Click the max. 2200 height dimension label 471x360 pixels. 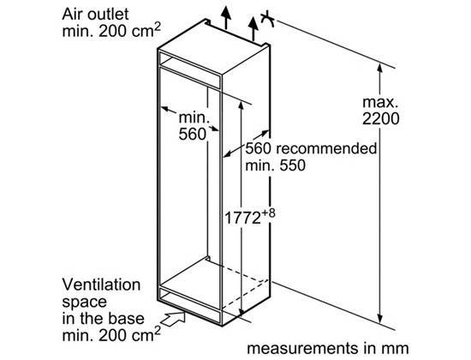coord(380,111)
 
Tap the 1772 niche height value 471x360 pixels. coord(242,218)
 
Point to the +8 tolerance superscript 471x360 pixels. coord(268,213)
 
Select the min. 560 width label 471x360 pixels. coord(194,126)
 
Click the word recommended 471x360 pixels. coord(326,148)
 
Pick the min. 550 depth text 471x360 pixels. coord(275,165)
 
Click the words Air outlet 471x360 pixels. coord(95,14)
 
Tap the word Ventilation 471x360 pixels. coord(101,285)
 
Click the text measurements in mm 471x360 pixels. coord(328,348)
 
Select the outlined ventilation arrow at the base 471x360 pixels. coord(173,318)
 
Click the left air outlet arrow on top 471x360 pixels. coord(225,17)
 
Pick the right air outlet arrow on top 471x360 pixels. coord(253,29)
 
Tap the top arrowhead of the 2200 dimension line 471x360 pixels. coord(379,69)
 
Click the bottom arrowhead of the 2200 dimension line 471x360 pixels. coord(380,318)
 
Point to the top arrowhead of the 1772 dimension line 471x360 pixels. coord(241,105)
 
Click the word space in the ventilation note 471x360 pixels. coord(85,303)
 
